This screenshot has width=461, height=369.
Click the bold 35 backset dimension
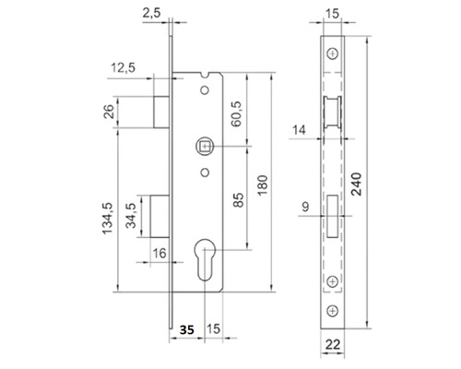click(x=187, y=328)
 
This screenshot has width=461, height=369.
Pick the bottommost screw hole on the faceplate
click(x=333, y=309)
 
